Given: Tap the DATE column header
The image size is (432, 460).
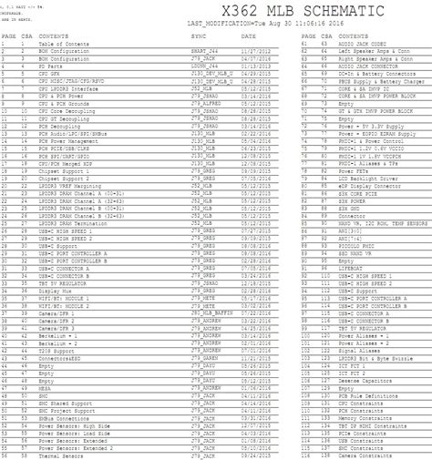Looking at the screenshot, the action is pos(248,37).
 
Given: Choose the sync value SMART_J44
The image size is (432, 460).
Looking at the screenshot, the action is pos(201,50).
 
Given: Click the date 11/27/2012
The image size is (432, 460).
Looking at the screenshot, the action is pos(254,50).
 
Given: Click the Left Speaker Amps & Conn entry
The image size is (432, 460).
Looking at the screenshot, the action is pos(369,50).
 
